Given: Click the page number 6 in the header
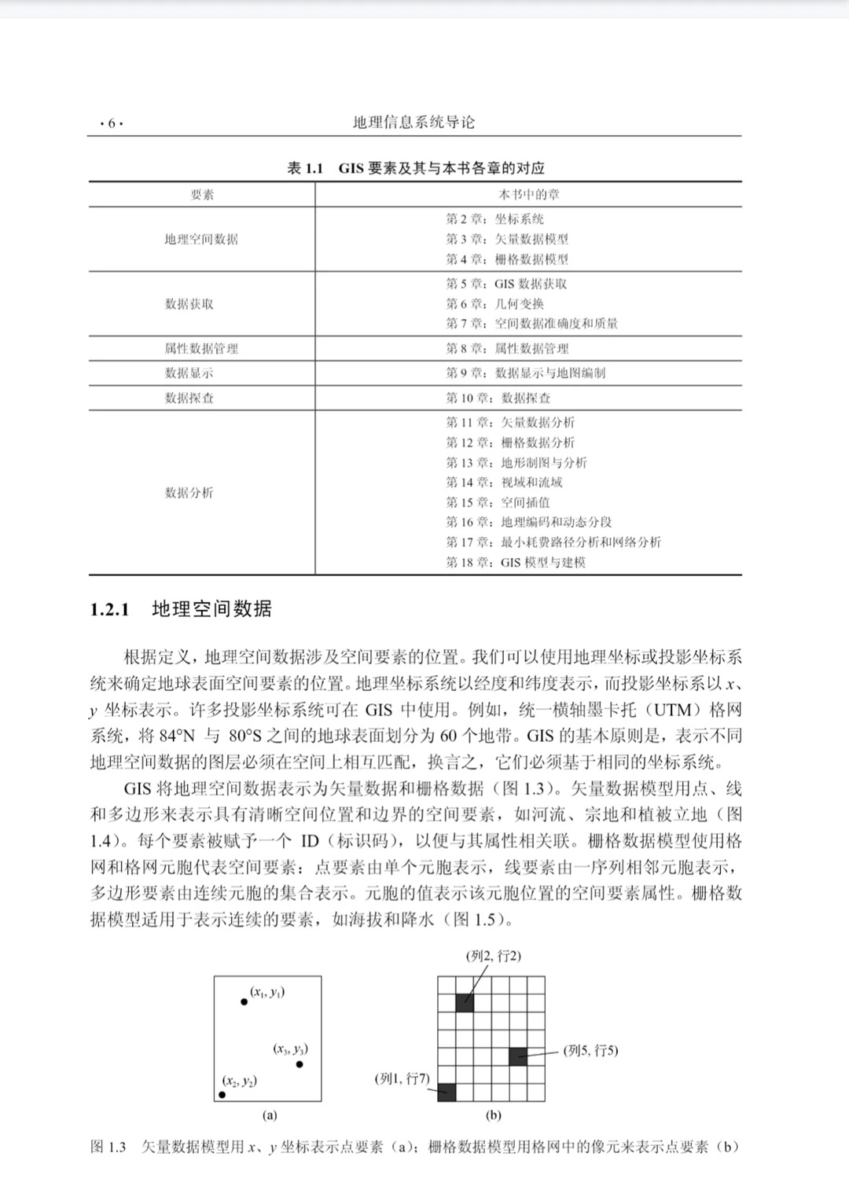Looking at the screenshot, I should tap(112, 123).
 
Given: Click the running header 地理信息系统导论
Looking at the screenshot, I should tap(413, 123).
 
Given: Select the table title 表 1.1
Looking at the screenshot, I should tap(306, 168).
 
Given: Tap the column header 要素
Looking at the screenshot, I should tap(202, 195).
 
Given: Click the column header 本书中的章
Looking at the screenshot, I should tap(528, 195).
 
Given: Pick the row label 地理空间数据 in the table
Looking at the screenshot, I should tap(201, 239).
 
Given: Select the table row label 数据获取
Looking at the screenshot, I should tap(189, 304).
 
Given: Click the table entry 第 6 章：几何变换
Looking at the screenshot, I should tap(494, 304).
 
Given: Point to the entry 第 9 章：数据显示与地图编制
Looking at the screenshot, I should tap(525, 373).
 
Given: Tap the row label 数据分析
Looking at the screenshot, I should tap(189, 493).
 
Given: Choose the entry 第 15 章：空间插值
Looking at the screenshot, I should tap(498, 502).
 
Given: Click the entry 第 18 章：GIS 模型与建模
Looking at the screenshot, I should tap(515, 562).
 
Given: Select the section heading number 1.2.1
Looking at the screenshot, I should tap(109, 610).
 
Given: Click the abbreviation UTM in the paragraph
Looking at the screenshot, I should tap(672, 710).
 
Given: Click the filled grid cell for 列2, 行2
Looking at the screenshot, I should tap(465, 1003).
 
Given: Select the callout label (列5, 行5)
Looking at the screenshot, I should tap(591, 1050).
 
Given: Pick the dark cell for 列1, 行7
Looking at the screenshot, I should tap(447, 1092).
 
